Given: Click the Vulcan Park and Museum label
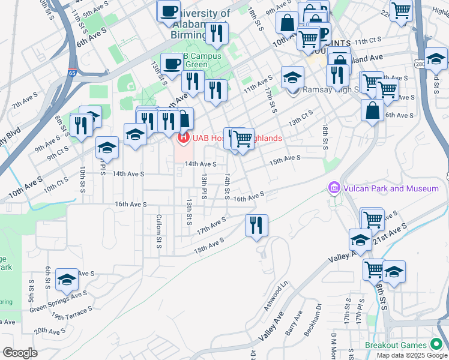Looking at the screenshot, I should click(x=391, y=188).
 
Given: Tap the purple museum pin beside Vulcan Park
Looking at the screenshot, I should click(x=334, y=188).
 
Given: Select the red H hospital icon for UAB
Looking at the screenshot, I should click(x=183, y=139).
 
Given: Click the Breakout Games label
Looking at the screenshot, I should click(x=397, y=345).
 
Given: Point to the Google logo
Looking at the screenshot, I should click(x=20, y=353).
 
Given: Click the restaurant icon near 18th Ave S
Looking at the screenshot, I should click(x=256, y=226).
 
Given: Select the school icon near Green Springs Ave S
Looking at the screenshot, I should click(x=67, y=280).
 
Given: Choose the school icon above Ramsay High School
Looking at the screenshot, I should click(x=293, y=77).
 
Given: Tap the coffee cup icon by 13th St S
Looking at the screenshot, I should click(x=172, y=64).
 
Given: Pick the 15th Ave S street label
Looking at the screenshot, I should click(x=285, y=160).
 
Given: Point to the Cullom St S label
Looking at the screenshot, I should click(x=158, y=231).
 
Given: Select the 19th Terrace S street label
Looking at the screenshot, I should click(x=72, y=312).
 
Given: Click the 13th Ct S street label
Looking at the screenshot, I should click(x=300, y=116).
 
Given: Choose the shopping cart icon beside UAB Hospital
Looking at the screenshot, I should click(x=243, y=139).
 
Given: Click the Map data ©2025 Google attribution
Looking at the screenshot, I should click(x=412, y=355).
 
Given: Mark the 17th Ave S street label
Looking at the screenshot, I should click(x=211, y=226).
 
